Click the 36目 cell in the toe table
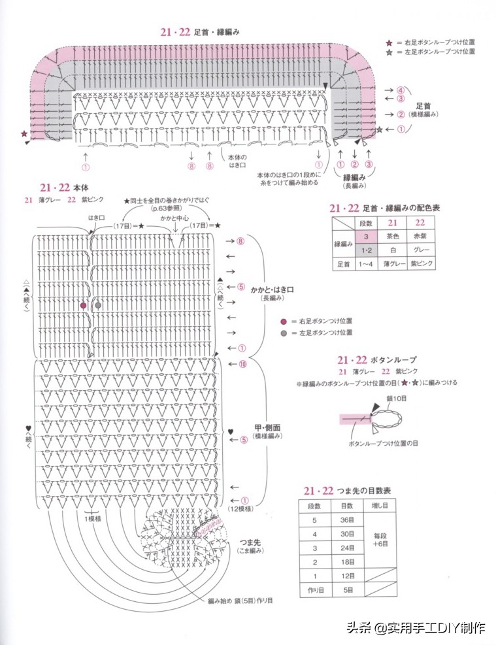coord(347,520)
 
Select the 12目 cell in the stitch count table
coord(347,576)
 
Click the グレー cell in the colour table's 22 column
coord(420,250)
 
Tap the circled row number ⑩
coord(242,365)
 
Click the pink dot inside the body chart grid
coord(83,305)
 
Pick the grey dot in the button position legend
coord(283,333)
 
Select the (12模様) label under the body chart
coord(240,508)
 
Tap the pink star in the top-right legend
coord(389,41)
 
